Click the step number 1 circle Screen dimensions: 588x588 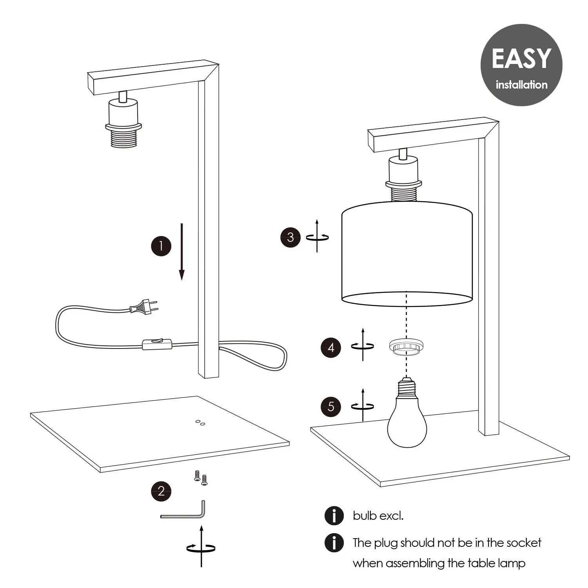tap(161, 246)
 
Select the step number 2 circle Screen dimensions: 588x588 tap(161, 491)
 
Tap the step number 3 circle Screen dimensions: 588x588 tap(290, 237)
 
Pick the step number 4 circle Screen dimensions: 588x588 tap(331, 348)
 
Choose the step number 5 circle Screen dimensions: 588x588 tap(331, 407)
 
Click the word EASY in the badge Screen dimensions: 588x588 tap(521, 59)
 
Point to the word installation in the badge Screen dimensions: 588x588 tap(521, 85)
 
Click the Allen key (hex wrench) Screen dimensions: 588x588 tap(184, 512)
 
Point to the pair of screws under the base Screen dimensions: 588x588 tap(200, 478)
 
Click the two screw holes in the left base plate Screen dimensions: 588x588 tap(200, 423)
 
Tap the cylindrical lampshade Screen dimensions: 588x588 tap(407, 253)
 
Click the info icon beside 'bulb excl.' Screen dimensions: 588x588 tap(334, 515)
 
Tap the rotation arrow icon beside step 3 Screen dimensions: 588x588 tap(317, 236)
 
